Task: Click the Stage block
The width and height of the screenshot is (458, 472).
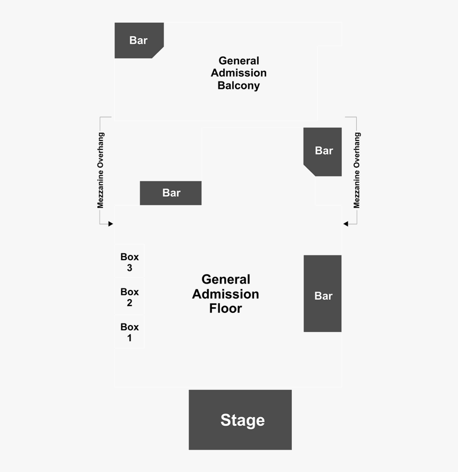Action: click(240, 420)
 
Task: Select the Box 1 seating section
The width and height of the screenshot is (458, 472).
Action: click(129, 332)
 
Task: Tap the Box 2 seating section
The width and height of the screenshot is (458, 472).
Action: click(129, 296)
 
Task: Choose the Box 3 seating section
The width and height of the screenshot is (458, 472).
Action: click(129, 261)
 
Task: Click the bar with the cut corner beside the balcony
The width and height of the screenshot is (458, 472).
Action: click(139, 40)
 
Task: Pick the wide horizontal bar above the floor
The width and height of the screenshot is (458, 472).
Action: click(170, 193)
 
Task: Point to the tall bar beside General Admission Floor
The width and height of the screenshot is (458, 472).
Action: click(322, 294)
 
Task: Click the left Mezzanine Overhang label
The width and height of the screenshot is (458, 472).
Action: click(100, 170)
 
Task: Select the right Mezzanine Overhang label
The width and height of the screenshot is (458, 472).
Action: click(357, 170)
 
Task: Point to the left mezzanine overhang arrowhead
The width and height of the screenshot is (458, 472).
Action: click(111, 223)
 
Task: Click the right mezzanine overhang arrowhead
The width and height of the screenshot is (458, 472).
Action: click(346, 223)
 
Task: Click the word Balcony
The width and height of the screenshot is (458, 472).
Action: click(239, 86)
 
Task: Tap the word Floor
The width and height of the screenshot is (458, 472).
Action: click(226, 309)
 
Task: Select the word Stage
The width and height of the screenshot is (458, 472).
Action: click(242, 420)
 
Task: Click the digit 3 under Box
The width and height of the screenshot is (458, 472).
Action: click(129, 268)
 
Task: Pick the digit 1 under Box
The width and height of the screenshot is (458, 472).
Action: click(129, 338)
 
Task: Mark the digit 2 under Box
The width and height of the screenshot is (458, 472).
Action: click(129, 303)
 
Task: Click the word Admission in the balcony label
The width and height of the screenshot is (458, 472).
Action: click(239, 73)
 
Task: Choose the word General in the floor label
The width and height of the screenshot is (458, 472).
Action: click(226, 279)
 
